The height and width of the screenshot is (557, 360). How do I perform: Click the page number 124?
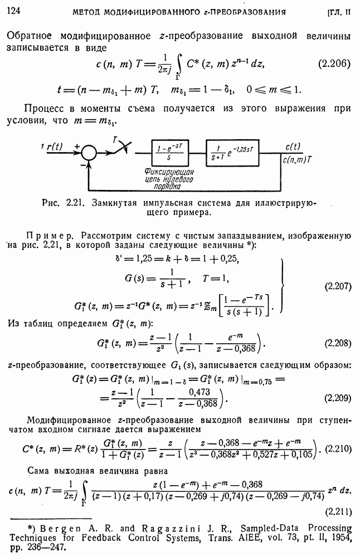point(13,11)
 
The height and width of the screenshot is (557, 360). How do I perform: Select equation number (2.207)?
point(338,286)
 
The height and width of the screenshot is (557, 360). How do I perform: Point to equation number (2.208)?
point(338,343)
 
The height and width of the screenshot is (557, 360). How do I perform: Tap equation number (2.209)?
point(338,398)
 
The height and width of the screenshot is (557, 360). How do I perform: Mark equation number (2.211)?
point(338,512)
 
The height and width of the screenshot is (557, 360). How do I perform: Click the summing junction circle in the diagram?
point(89,153)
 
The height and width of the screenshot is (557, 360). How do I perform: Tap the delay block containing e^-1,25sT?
point(232,153)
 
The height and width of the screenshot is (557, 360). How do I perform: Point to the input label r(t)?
point(54,146)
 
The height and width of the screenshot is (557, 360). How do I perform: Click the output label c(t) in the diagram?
point(293,146)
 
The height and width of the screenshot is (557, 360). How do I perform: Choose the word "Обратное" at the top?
point(29,36)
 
